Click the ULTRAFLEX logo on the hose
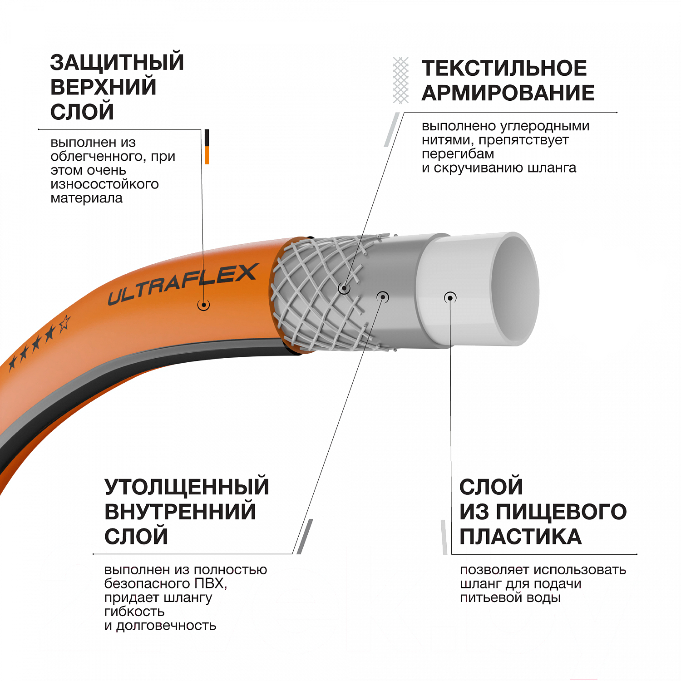183,284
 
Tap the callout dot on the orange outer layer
203,305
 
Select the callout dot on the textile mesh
344,288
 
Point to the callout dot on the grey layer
383,297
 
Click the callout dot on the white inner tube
450,298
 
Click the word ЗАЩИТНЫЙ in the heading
117,62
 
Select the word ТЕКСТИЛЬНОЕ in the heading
504,68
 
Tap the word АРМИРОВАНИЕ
508,93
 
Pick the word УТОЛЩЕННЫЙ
187,487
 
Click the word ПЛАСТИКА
520,537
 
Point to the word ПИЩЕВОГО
561,512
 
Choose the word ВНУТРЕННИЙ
180,512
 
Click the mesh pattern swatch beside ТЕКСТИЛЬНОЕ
400,80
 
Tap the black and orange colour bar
207,147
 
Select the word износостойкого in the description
105,184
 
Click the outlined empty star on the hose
64,323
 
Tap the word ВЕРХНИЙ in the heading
104,87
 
